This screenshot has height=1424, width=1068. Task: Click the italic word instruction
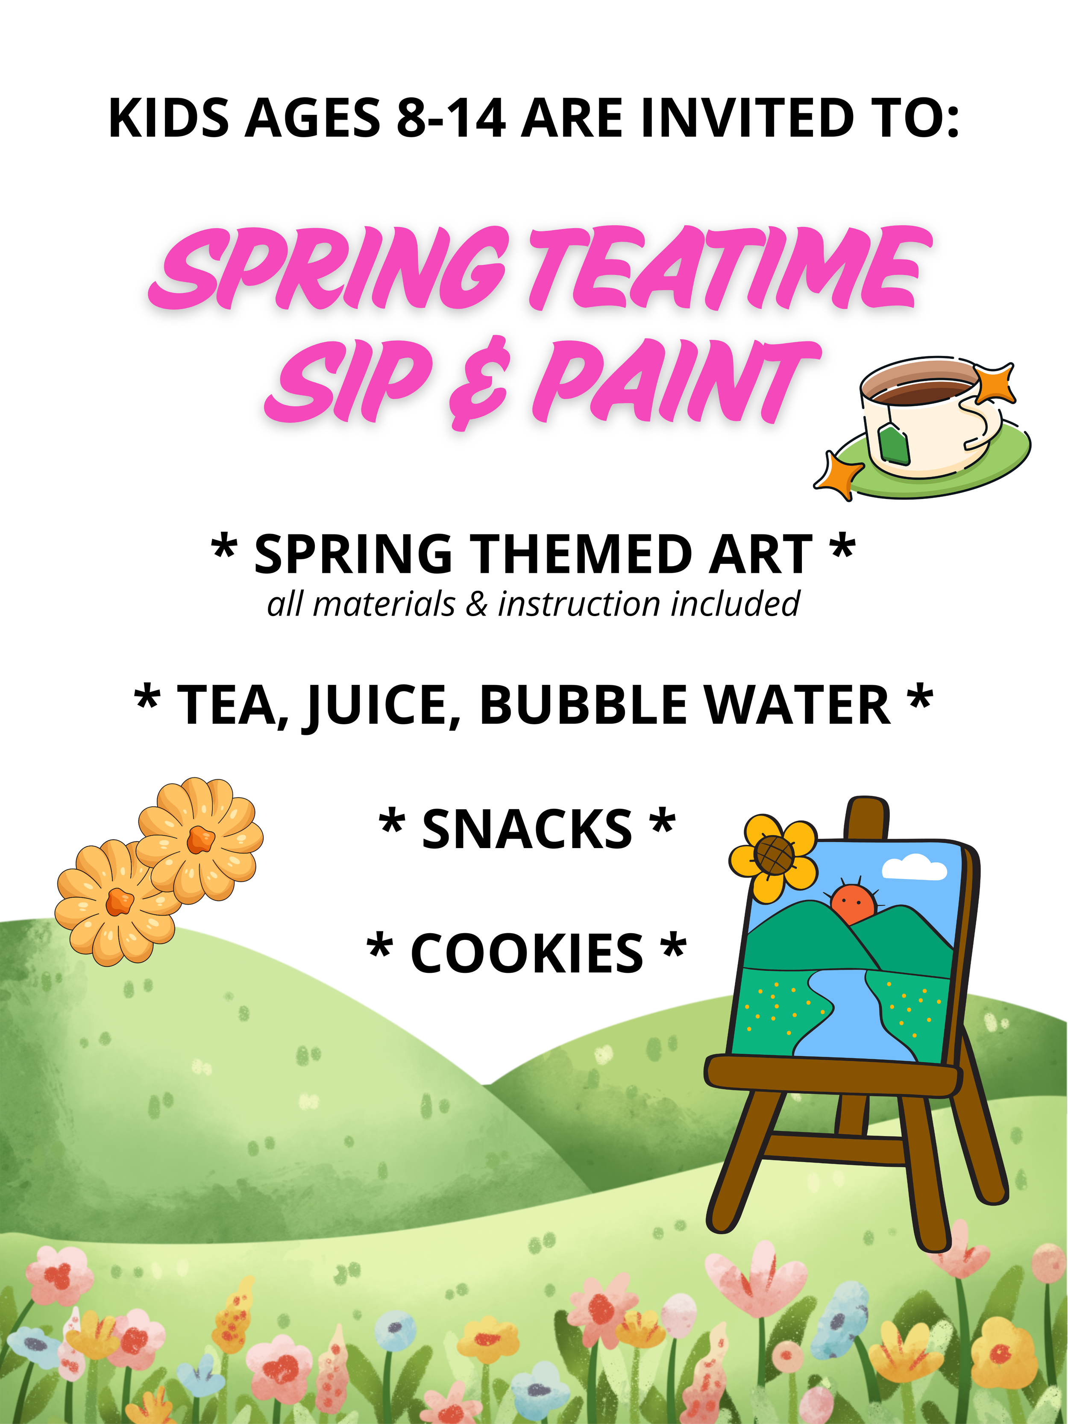[x=579, y=604]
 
